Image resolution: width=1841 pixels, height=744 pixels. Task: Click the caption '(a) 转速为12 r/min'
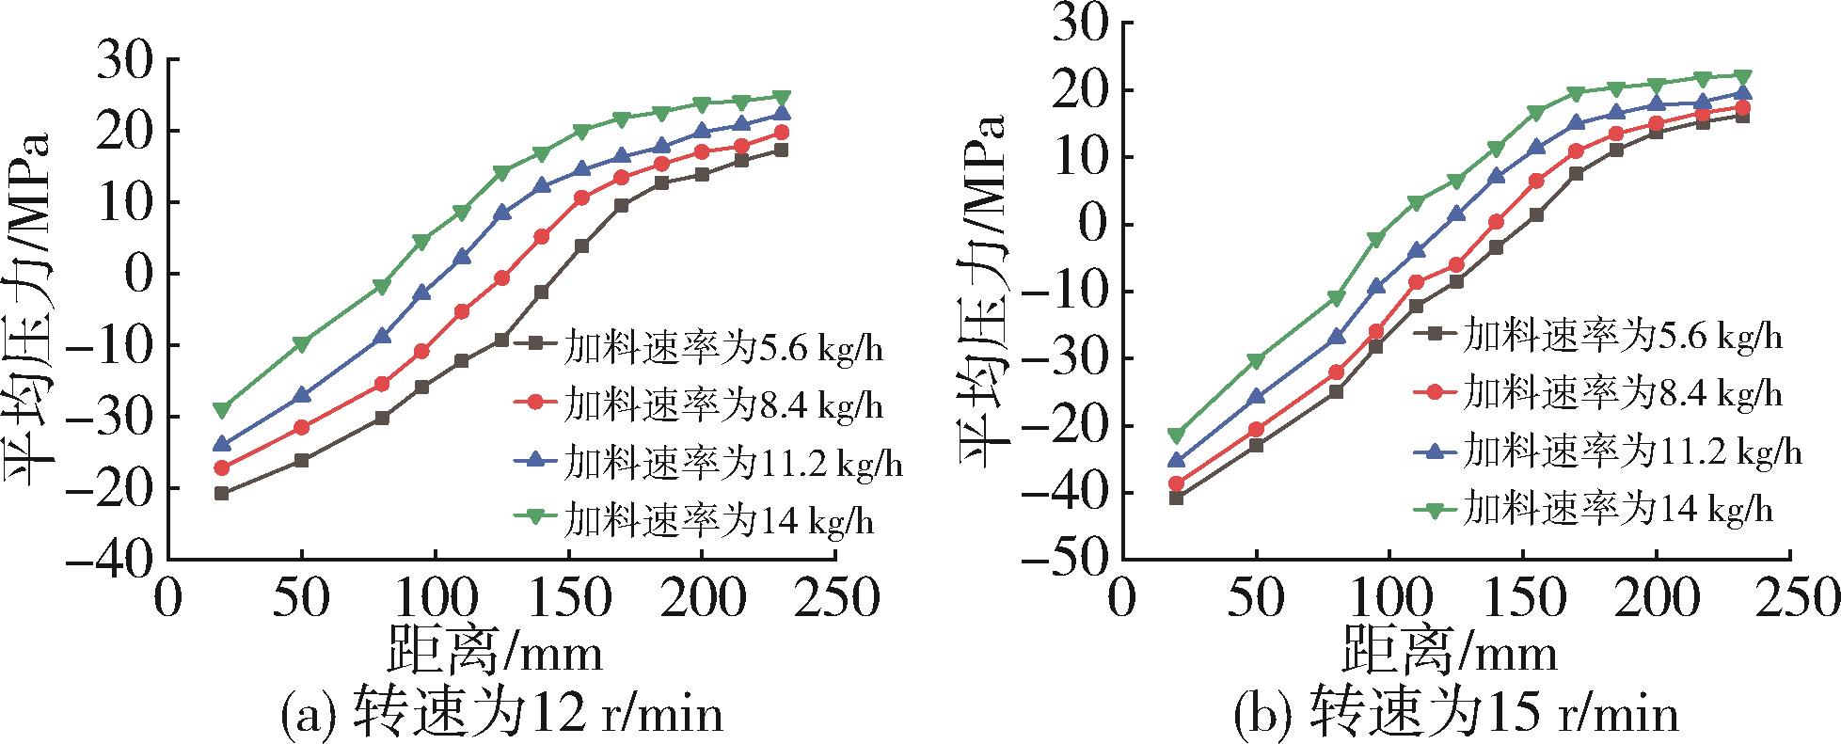coord(502,716)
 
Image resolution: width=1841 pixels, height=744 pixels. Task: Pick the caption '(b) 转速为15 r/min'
coord(1456,716)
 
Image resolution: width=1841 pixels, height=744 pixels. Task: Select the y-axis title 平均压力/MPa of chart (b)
coord(983,292)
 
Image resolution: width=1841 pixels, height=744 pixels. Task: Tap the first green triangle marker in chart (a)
coord(222,410)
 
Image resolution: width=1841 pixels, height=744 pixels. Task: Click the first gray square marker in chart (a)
coord(222,493)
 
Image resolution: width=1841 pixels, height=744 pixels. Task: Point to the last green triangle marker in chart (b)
coord(1742,76)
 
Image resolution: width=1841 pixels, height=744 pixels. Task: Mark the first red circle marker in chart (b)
coord(1175,483)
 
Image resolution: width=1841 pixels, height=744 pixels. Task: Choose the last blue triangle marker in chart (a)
coord(782,114)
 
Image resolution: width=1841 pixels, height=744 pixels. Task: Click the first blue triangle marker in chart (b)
coord(1175,460)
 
